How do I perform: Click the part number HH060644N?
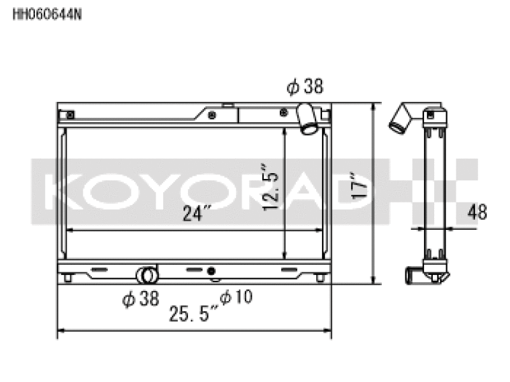point(47,15)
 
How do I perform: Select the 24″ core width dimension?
point(197,213)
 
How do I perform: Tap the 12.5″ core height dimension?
point(270,187)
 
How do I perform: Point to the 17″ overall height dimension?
point(360,186)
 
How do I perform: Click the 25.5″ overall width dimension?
point(193,313)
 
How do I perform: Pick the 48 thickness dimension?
point(477,212)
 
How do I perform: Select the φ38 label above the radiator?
point(305,87)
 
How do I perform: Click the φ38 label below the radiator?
point(140,298)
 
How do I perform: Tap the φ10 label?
point(236,297)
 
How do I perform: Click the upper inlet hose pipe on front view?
point(307,118)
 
